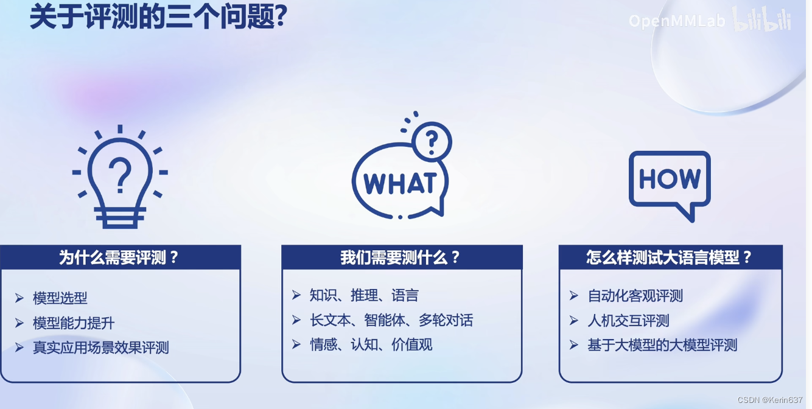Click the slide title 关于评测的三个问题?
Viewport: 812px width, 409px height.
pyautogui.click(x=158, y=16)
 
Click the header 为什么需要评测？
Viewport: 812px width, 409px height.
pyautogui.click(x=120, y=257)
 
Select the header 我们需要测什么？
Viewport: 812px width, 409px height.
pyautogui.click(x=402, y=257)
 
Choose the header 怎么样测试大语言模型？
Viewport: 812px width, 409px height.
pyautogui.click(x=670, y=257)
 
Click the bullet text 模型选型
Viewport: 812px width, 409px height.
pyautogui.click(x=60, y=298)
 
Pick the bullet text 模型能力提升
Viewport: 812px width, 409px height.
pyautogui.click(x=74, y=323)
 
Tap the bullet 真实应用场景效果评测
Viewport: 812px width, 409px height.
pyautogui.click(x=101, y=348)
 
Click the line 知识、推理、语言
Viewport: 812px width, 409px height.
pyautogui.click(x=364, y=296)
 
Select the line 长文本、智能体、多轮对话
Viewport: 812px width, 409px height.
pyautogui.click(x=391, y=320)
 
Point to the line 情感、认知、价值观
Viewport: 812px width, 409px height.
pyautogui.click(x=371, y=344)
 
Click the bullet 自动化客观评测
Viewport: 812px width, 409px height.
pyautogui.click(x=635, y=296)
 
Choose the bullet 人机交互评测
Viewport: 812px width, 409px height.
pyautogui.click(x=628, y=321)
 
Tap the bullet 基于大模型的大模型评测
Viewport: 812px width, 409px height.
pyautogui.click(x=662, y=345)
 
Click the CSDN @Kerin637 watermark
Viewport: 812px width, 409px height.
pyautogui.click(x=770, y=400)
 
